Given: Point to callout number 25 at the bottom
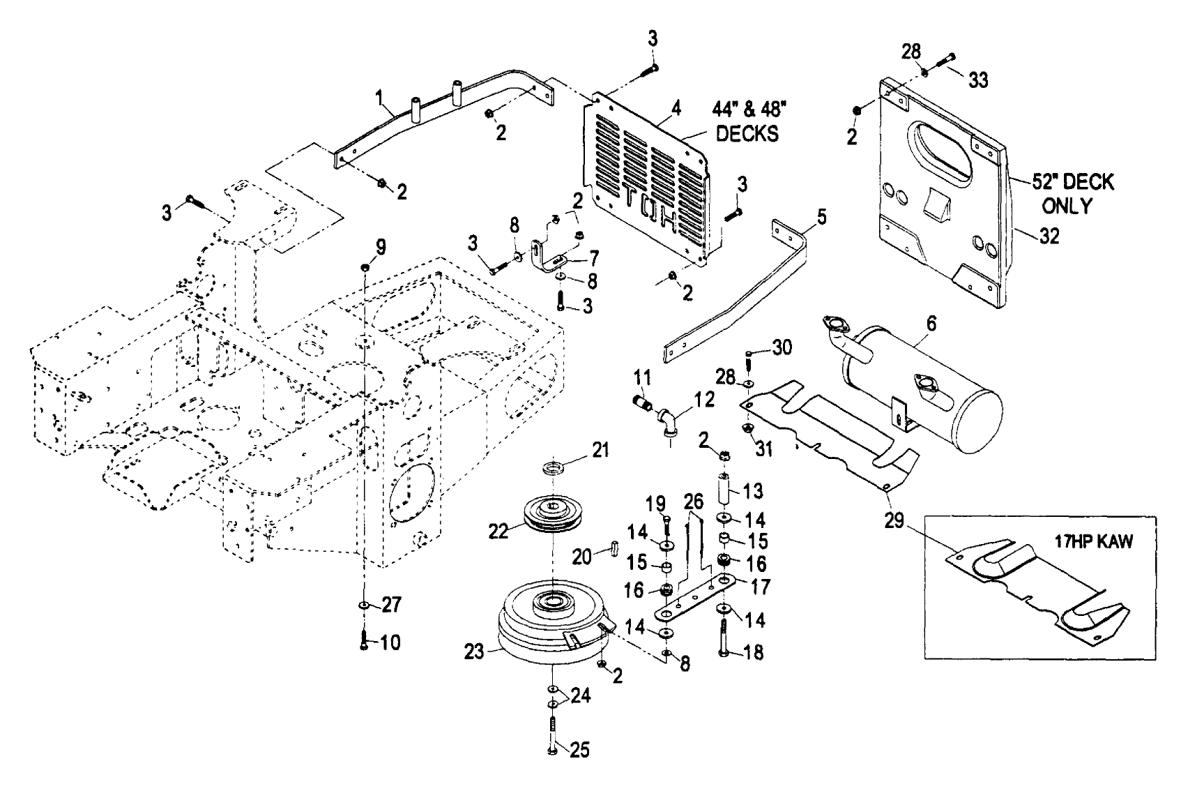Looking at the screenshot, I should click(x=579, y=751).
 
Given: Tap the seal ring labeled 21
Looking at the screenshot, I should click(x=555, y=467).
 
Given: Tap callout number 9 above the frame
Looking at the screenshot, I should click(x=381, y=246).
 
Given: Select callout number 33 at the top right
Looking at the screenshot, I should click(x=978, y=80).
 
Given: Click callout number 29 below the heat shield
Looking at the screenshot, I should click(x=894, y=520).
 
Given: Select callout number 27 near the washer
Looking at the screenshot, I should click(x=392, y=604).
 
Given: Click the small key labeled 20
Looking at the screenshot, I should click(x=614, y=548).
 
